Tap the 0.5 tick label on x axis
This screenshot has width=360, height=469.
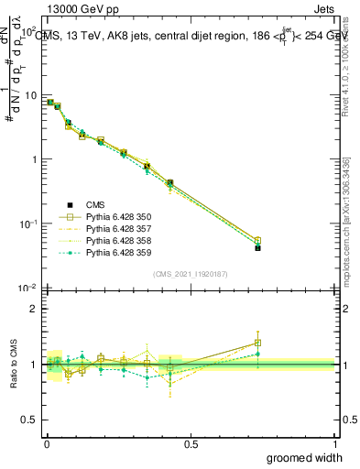(x=191, y=443)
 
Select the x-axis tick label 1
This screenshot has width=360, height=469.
(x=335, y=443)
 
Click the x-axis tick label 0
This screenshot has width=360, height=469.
(x=47, y=443)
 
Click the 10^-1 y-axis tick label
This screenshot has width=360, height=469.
(x=27, y=224)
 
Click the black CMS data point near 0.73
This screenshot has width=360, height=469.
(x=257, y=248)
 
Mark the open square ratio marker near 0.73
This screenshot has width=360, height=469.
(x=257, y=343)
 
